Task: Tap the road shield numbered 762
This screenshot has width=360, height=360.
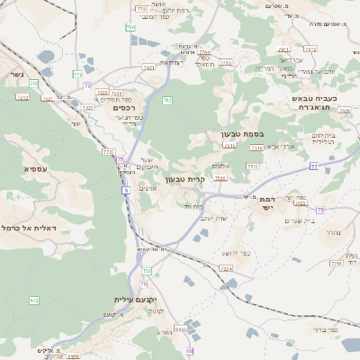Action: (167, 100)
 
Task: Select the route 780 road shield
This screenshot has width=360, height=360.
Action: (130, 28)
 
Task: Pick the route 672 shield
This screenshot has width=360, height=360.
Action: (34, 300)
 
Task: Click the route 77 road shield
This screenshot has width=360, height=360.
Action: (314, 166)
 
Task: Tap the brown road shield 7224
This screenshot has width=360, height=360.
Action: (226, 268)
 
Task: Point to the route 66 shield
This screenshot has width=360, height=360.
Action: (190, 351)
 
